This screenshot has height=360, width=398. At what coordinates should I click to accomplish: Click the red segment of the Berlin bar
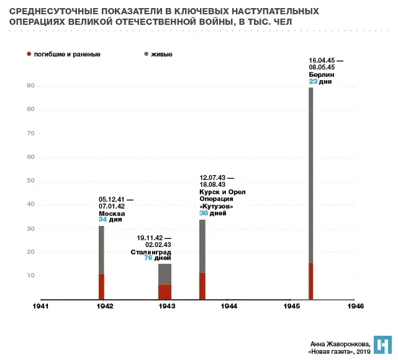coord(310,281)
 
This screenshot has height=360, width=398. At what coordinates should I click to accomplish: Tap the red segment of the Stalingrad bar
coord(165,292)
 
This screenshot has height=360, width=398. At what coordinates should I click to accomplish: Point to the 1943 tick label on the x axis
coord(166,307)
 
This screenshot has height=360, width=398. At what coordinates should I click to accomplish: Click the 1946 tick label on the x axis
coord(356,307)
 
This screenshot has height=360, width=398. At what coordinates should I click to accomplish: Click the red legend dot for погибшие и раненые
coord(29,54)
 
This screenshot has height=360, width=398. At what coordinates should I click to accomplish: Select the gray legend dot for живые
coord(146,54)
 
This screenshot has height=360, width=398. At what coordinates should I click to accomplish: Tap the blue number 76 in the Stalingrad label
coord(148,258)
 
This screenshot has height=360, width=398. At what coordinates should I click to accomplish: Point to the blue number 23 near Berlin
coord(314,81)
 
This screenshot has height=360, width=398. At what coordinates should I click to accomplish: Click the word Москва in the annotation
coord(112,213)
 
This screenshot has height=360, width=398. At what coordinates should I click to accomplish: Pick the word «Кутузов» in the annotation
coord(216,206)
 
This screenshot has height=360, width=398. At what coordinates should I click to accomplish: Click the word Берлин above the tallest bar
coord(322,74)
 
